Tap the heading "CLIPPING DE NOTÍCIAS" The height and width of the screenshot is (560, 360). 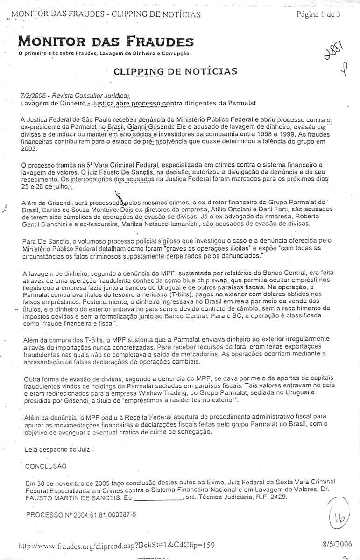pyautogui.click(x=175, y=71)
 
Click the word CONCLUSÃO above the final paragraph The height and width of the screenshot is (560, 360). pyautogui.click(x=45, y=466)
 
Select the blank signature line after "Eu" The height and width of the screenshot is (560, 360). pyautogui.click(x=157, y=497)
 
